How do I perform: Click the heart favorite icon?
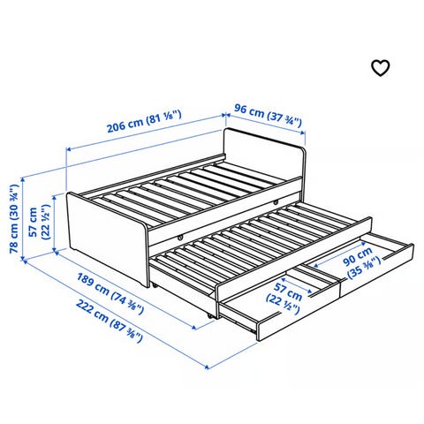coord(380,68)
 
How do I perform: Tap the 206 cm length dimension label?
coord(144,121)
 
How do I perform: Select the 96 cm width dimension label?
coord(268,115)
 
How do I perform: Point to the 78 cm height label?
coord(14,219)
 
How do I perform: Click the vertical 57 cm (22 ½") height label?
coord(39,223)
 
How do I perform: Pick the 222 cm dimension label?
coord(110,321)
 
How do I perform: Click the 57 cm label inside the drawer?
coord(284,297)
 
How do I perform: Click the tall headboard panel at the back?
coord(263,152)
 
